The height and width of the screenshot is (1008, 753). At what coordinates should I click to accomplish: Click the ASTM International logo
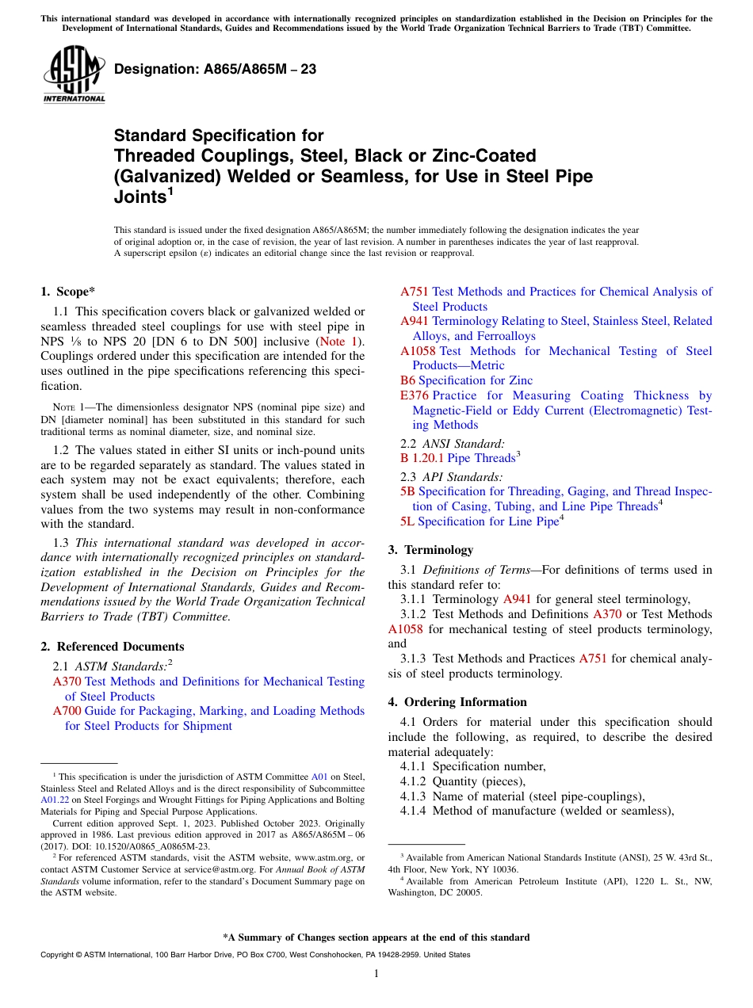click(x=73, y=75)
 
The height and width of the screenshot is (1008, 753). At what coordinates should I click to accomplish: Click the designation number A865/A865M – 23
click(x=215, y=69)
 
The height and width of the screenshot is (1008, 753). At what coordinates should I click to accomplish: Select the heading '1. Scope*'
click(x=68, y=292)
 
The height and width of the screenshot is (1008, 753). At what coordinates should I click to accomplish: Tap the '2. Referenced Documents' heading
click(x=113, y=647)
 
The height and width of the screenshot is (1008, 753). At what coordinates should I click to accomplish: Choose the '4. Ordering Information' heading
click(x=457, y=702)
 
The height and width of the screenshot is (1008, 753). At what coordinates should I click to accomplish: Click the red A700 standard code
click(x=67, y=712)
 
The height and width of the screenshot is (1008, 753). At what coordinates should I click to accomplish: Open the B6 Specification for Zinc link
click(x=466, y=380)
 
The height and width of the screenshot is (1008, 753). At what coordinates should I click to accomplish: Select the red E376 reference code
click(x=414, y=395)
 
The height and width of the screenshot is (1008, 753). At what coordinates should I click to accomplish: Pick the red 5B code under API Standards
click(x=407, y=491)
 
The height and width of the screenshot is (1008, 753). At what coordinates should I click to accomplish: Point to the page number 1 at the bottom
click(x=376, y=974)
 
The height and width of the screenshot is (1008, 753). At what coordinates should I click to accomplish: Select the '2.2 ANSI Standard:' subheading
click(x=453, y=444)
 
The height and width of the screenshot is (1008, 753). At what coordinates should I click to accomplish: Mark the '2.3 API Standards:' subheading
click(x=451, y=477)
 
